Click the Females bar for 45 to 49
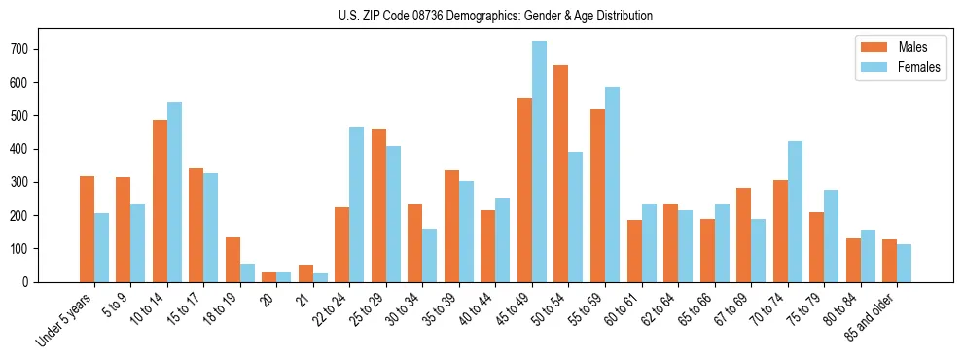pos(539,162)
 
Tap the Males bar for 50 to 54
pos(561,173)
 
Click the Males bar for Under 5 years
pos(87,229)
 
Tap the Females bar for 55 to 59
pos(612,184)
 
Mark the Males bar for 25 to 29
pos(378,205)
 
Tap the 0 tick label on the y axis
pos(33,282)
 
